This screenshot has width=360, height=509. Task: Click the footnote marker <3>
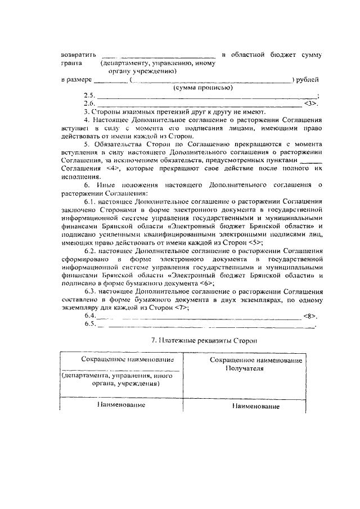(x=311, y=104)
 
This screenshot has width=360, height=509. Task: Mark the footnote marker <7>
(x=181, y=308)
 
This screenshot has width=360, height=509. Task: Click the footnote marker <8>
(x=310, y=316)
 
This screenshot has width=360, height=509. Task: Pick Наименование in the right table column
(x=256, y=407)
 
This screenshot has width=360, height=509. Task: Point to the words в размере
(x=76, y=80)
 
